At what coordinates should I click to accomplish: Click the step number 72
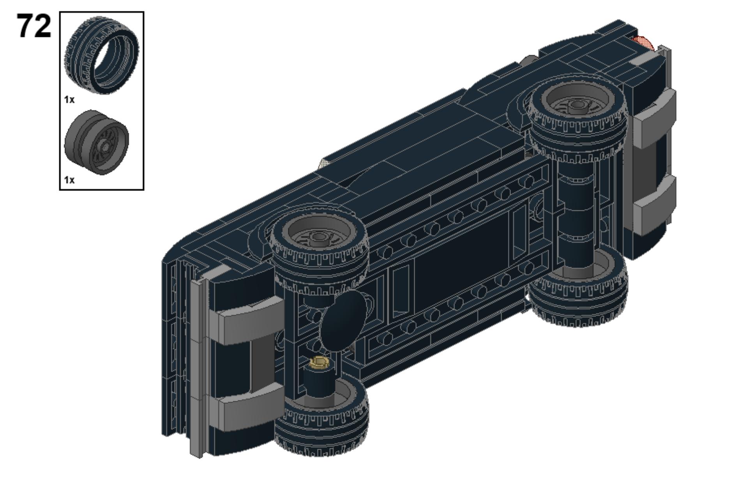point(34,26)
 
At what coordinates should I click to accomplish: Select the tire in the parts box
point(101,55)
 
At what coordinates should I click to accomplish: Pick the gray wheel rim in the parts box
point(97,142)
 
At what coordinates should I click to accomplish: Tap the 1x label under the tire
point(69,100)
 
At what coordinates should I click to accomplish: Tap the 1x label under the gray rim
point(69,180)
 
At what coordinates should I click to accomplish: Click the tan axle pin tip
point(319,363)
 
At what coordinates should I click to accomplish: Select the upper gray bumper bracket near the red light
point(655,117)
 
